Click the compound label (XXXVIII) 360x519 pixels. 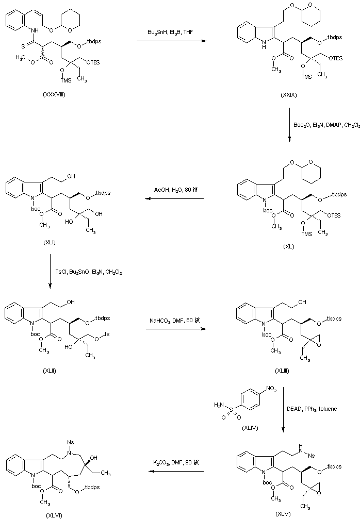pyautogui.click(x=54, y=95)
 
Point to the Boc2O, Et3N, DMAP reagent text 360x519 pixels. pyautogui.click(x=326, y=125)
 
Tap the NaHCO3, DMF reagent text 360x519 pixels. pyautogui.click(x=172, y=321)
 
